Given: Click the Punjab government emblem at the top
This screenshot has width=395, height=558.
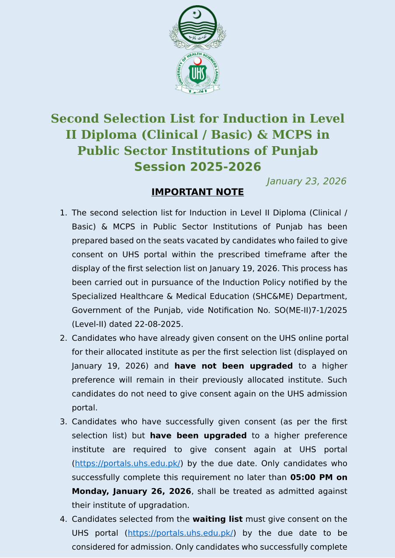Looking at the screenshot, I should pyautogui.click(x=197, y=27).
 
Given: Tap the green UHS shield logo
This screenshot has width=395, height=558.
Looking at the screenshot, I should pyautogui.click(x=197, y=74).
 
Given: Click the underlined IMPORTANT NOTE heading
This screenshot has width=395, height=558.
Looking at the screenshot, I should pyautogui.click(x=197, y=192).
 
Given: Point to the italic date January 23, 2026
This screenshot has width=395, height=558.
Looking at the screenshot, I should pyautogui.click(x=306, y=181).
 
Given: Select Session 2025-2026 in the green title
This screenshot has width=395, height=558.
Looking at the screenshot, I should pyautogui.click(x=197, y=167).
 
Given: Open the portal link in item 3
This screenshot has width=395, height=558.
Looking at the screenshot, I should pyautogui.click(x=128, y=463).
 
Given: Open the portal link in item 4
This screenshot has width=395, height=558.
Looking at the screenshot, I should pyautogui.click(x=180, y=533).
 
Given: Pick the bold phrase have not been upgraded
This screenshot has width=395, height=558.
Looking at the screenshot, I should pyautogui.click(x=233, y=366).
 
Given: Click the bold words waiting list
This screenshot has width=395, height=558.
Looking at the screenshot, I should pyautogui.click(x=218, y=519).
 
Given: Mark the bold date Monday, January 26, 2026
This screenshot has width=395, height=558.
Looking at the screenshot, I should pyautogui.click(x=132, y=491).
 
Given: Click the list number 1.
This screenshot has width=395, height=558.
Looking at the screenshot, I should pyautogui.click(x=63, y=213).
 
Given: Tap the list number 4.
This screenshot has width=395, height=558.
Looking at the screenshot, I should pyautogui.click(x=63, y=519).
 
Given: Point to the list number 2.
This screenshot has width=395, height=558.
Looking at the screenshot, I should pyautogui.click(x=63, y=338).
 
